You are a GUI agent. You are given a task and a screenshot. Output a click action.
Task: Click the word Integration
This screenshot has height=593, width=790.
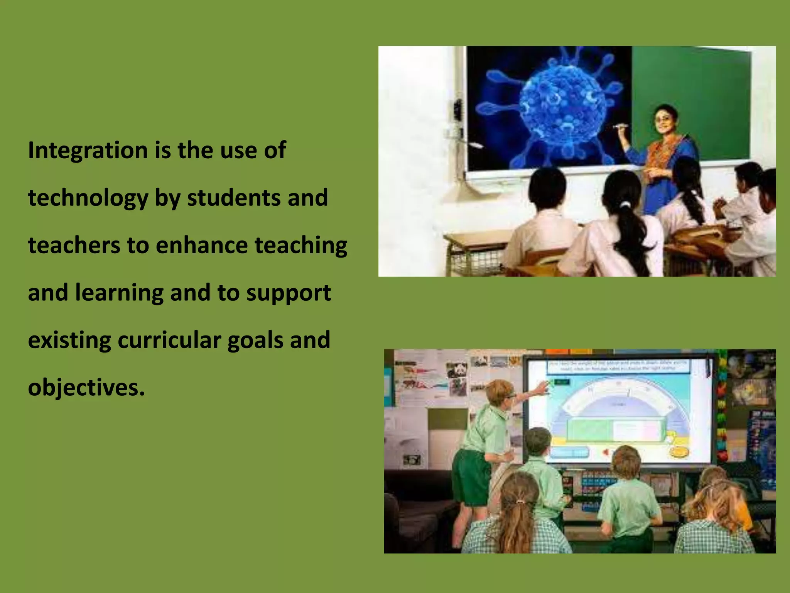pos(88,150)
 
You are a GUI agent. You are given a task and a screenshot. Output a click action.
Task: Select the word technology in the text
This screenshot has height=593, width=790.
pos(88,198)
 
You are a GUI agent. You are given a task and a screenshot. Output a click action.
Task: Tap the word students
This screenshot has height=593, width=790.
pos(234,198)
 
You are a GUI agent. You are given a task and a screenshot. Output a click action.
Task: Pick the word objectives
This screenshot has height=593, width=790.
pos(86,388)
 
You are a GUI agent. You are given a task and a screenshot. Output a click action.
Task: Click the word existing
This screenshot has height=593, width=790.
pos(69,340)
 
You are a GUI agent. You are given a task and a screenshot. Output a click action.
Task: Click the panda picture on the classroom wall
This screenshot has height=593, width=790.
pos(457,371)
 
